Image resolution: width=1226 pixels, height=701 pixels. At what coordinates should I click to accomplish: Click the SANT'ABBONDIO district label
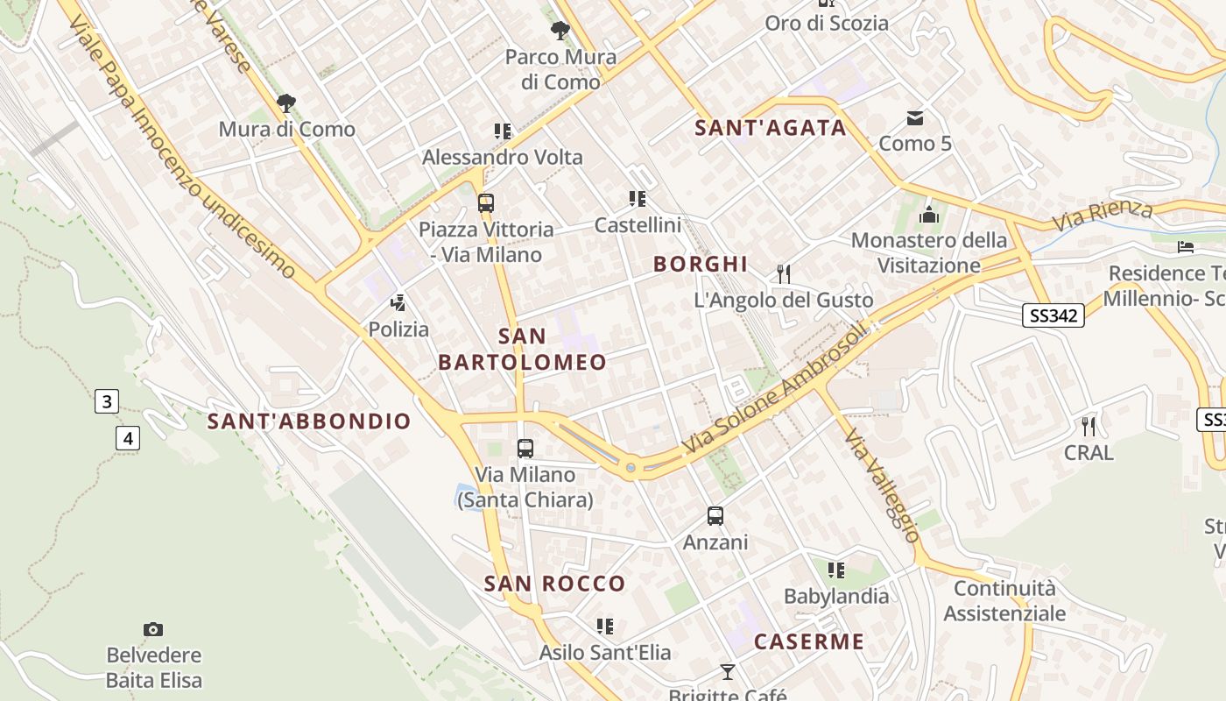point(309,421)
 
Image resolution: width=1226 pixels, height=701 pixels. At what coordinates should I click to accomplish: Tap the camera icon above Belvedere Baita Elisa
point(153,629)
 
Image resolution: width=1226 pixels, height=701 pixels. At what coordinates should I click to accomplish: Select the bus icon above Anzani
point(715,516)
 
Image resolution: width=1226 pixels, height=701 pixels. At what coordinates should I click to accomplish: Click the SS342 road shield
point(1053,315)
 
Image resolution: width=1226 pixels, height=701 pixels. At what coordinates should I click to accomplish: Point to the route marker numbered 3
point(107,402)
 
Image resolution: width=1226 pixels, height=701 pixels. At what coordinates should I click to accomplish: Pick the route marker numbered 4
point(128,437)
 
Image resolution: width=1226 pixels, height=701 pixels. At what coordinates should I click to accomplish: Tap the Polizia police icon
point(398,303)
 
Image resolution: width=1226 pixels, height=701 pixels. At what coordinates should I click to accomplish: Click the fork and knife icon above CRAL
point(1089,427)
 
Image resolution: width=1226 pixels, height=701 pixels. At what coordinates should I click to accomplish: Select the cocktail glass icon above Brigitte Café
point(727,672)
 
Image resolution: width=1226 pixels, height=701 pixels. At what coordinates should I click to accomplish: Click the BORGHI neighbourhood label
point(701,264)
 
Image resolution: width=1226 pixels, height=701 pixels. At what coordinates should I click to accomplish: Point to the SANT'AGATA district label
point(771,128)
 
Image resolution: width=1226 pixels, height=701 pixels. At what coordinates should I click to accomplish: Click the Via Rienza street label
point(1103,215)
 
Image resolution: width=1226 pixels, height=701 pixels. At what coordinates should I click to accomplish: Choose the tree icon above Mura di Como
point(286,103)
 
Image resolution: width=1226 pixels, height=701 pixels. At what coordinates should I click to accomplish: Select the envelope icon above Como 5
point(915,117)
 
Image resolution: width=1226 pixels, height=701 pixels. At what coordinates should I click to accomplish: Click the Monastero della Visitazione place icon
point(929,215)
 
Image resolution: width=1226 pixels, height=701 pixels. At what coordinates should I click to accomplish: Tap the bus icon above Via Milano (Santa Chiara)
point(525,449)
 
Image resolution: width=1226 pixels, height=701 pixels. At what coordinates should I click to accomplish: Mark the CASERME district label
point(809,641)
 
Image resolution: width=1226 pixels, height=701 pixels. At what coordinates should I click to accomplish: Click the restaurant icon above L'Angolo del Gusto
point(784,274)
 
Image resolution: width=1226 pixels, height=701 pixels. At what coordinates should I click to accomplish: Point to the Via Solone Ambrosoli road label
point(775,390)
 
